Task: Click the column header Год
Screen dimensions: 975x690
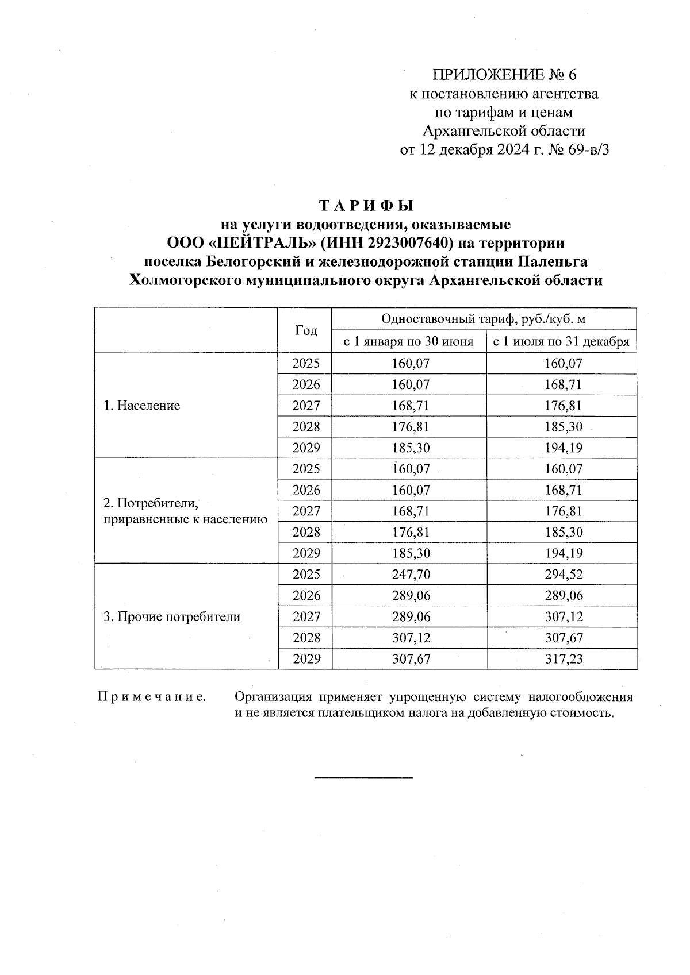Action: point(305,330)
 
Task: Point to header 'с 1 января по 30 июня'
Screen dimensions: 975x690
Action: point(408,342)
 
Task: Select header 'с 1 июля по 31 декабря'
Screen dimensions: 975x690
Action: point(562,342)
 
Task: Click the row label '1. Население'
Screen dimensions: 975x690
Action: point(142,406)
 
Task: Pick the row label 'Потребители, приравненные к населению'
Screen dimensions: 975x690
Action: point(185,511)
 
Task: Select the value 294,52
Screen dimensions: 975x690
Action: point(563,575)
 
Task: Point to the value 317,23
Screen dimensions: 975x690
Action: point(563,659)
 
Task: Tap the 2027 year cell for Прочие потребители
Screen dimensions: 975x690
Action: point(306,617)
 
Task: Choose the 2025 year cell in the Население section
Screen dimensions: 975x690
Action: point(306,364)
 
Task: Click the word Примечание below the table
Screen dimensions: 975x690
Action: point(151,697)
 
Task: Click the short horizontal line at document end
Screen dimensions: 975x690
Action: point(363,778)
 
